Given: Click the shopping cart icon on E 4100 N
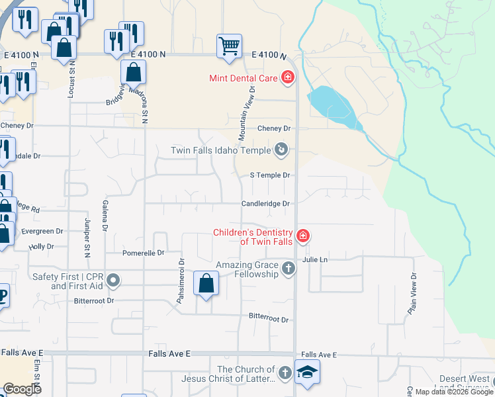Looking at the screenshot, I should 229,47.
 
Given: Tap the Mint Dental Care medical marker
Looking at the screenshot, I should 288,78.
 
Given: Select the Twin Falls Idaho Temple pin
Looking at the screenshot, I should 282,150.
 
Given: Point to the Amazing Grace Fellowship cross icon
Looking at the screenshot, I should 288,269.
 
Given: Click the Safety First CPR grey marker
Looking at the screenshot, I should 113,281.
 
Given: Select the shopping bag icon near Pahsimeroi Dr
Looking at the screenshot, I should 206,283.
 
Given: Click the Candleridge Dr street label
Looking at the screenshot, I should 265,204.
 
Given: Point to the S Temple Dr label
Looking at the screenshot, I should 270,175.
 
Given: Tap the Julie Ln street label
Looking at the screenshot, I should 315,260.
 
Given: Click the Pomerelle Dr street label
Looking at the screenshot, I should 143,253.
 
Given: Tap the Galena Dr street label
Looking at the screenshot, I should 105,216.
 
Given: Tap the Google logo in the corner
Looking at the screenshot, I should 22,389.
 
